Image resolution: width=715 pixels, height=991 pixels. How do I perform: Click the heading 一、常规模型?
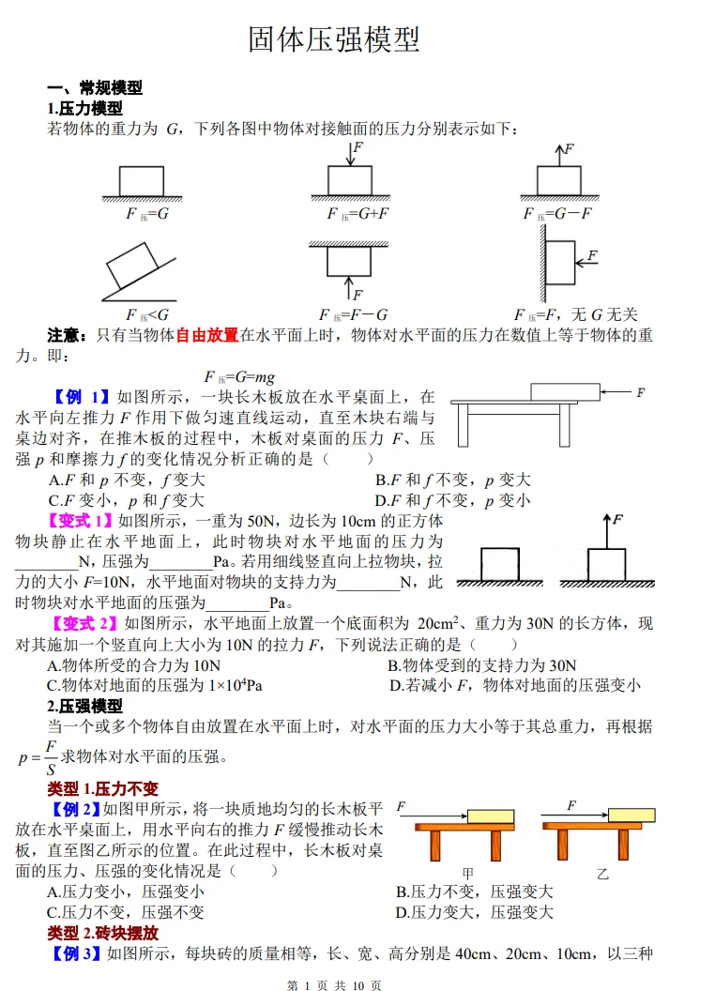pos(95,87)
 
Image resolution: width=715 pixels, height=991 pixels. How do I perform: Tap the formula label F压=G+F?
pos(357,214)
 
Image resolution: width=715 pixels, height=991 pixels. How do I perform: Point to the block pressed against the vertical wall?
pos(561,262)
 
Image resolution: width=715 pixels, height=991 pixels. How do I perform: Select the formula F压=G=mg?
pos(239,377)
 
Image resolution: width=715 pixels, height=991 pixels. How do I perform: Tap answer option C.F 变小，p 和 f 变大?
pos(126,500)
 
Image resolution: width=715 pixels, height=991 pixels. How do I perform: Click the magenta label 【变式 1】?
pos(82,521)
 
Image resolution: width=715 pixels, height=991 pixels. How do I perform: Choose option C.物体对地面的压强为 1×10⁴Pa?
pos(155,685)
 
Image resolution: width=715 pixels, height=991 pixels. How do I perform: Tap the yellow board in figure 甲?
pos(491,816)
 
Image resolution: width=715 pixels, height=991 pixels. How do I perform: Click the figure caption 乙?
pos(602,874)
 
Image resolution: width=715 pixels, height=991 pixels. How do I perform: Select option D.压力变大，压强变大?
pos(474,912)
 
